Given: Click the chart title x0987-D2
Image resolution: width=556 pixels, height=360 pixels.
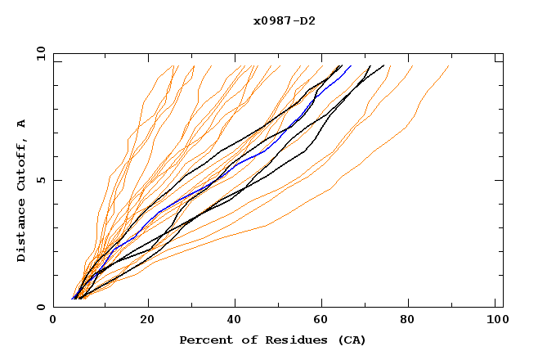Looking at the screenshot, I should [285, 20].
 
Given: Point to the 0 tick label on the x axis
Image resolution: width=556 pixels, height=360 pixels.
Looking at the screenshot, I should [54, 322].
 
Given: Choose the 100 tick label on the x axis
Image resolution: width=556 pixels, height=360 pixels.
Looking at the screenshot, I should [496, 322].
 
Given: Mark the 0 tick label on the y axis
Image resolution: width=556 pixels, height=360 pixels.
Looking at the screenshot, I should [40, 308].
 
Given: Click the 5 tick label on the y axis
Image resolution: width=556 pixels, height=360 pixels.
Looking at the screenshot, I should [40, 180].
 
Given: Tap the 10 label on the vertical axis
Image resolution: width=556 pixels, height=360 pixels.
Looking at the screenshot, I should [37, 53].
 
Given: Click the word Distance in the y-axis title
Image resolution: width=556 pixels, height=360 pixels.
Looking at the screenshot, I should [21, 234].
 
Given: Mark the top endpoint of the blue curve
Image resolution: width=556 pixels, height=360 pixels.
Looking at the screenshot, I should [351, 66].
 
